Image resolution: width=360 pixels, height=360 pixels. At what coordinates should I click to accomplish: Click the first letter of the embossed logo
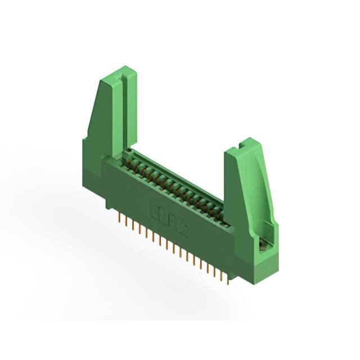pos(154,209)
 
